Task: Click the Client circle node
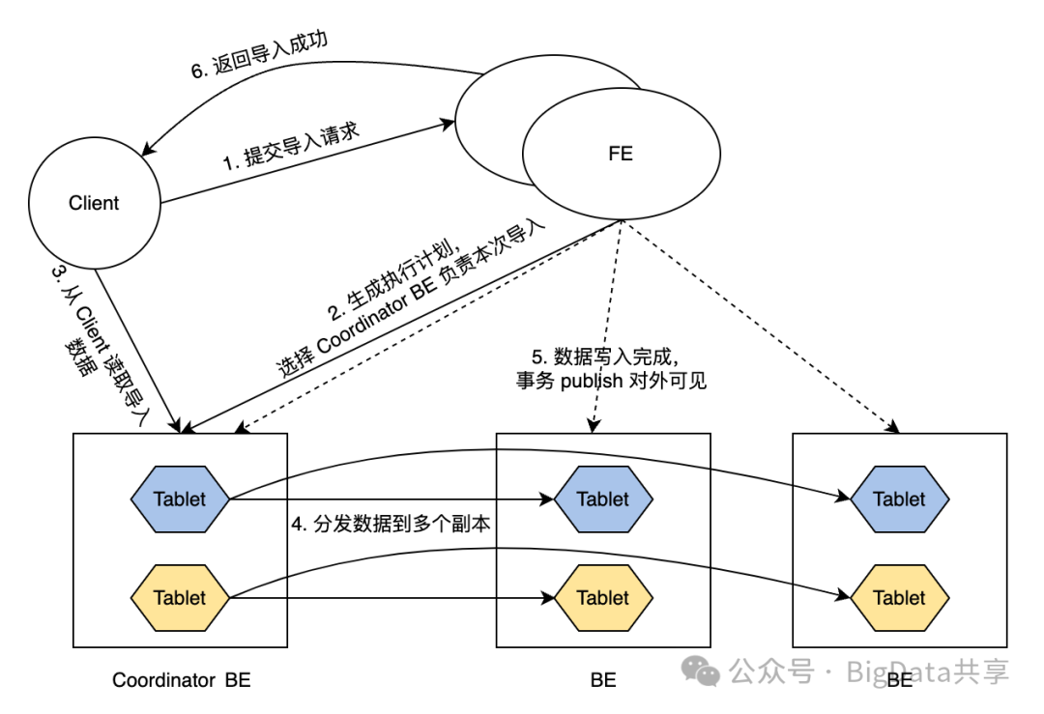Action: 94,203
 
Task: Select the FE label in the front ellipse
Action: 621,154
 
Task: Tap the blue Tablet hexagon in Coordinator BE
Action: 180,499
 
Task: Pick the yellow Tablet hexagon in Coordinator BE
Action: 180,597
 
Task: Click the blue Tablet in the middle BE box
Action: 603,499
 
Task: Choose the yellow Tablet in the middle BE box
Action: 603,597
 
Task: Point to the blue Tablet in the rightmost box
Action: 899,499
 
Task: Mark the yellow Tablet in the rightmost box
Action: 899,597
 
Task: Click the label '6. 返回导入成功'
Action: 258,56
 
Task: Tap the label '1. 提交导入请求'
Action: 291,146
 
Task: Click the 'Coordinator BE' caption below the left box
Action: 181,679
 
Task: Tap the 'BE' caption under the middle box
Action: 603,679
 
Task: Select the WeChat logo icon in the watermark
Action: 700,671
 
